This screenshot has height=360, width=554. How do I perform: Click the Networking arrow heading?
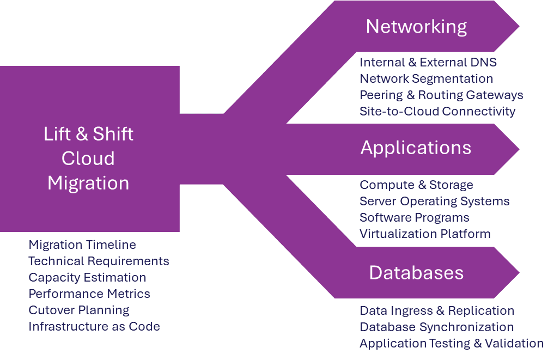(416, 27)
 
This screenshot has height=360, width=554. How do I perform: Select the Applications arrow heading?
(416, 148)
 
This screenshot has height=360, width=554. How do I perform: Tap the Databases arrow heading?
(416, 272)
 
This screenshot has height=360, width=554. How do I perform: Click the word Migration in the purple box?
(88, 183)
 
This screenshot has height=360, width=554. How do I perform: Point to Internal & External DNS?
(428, 63)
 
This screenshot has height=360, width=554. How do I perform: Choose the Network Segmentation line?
(426, 79)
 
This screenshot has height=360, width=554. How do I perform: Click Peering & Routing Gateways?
(441, 95)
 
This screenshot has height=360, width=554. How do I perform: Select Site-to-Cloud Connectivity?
(437, 112)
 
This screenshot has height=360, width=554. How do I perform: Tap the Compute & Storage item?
(416, 185)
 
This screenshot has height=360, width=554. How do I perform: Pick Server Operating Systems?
(434, 202)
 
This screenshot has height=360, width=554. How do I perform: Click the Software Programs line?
(414, 218)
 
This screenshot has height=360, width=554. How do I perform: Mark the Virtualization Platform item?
(425, 234)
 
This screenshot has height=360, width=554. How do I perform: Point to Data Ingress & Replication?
(436, 311)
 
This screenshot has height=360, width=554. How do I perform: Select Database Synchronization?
(436, 327)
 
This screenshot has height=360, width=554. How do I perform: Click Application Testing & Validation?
(451, 344)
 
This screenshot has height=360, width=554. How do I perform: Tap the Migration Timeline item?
(82, 245)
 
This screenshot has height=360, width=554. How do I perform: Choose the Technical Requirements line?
(99, 261)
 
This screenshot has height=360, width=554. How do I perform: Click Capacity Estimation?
(87, 278)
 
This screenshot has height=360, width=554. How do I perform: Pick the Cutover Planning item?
(79, 310)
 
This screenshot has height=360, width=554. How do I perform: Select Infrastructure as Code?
(94, 327)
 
